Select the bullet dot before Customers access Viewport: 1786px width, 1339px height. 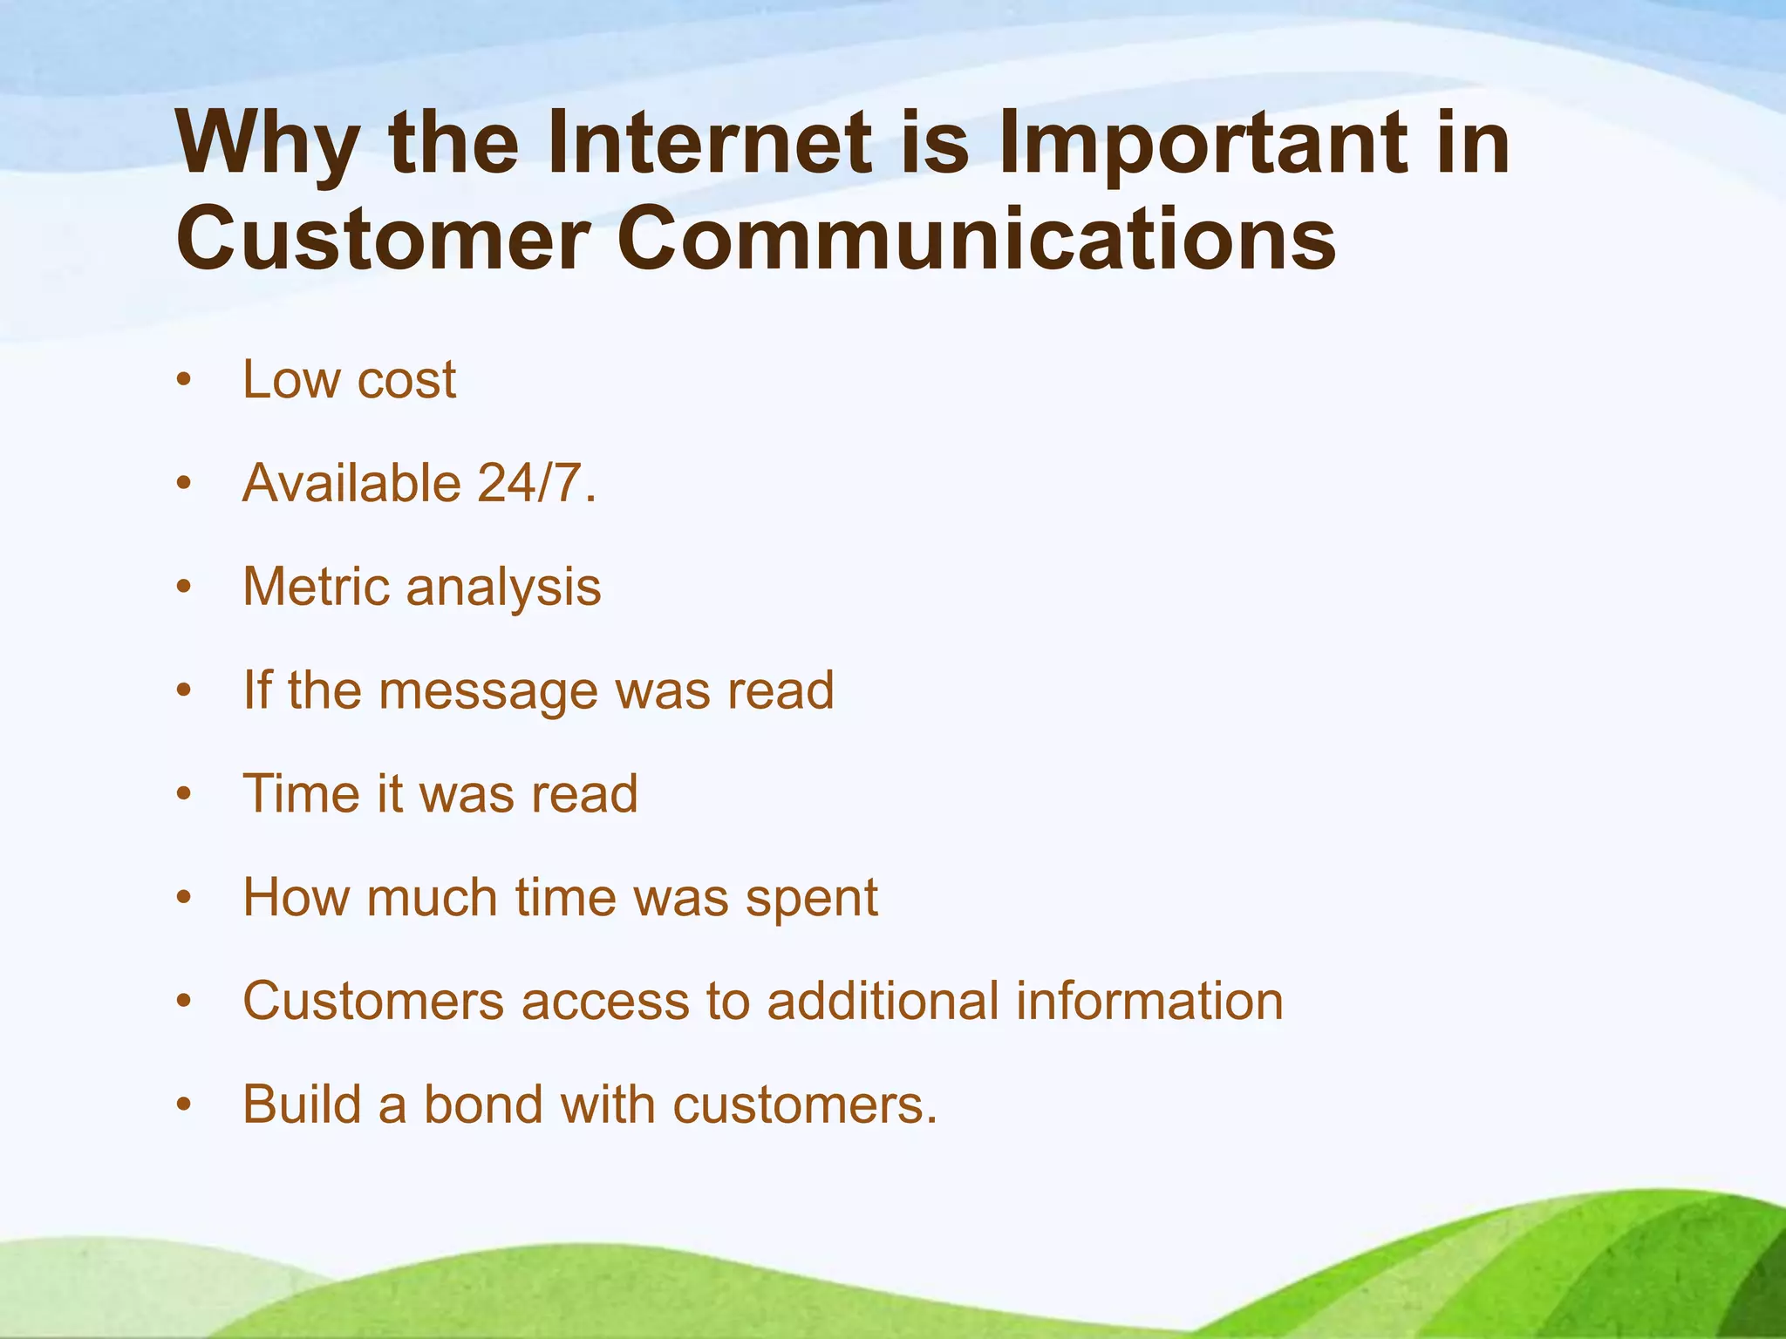coord(183,1002)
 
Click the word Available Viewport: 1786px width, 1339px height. coord(351,483)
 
